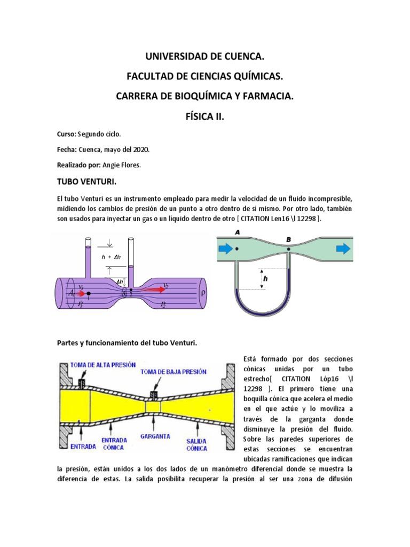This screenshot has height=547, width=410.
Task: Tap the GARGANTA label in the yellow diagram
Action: click(x=155, y=436)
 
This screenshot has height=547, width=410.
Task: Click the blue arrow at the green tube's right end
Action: click(x=343, y=248)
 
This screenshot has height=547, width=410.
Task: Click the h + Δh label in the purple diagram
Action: click(x=112, y=256)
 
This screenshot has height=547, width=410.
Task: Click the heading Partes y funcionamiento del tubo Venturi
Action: click(x=127, y=342)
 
